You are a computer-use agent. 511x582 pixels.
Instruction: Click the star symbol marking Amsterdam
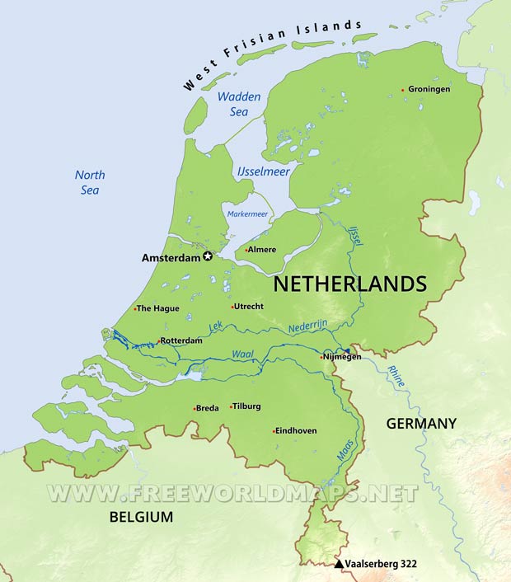click(208, 257)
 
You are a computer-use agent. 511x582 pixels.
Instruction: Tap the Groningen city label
click(429, 89)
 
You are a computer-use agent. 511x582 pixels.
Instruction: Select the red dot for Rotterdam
click(158, 340)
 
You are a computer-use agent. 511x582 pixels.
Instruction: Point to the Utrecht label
click(249, 307)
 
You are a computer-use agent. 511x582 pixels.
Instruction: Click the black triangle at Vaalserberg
click(339, 564)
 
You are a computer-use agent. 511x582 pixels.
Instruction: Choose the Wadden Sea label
click(239, 104)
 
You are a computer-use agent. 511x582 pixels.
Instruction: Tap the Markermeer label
click(247, 214)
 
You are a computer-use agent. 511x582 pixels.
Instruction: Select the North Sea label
click(90, 182)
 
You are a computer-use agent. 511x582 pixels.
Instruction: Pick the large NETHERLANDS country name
click(349, 284)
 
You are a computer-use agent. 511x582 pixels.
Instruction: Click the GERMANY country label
click(420, 423)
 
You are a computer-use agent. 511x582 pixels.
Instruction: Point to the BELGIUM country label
click(141, 517)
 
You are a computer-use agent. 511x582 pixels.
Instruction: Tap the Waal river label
click(241, 355)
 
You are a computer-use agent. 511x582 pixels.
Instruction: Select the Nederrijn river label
click(310, 329)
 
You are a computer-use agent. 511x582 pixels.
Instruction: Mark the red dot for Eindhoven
click(274, 430)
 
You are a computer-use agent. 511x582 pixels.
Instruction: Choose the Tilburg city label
click(246, 406)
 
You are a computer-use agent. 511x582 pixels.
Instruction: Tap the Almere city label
click(263, 250)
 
